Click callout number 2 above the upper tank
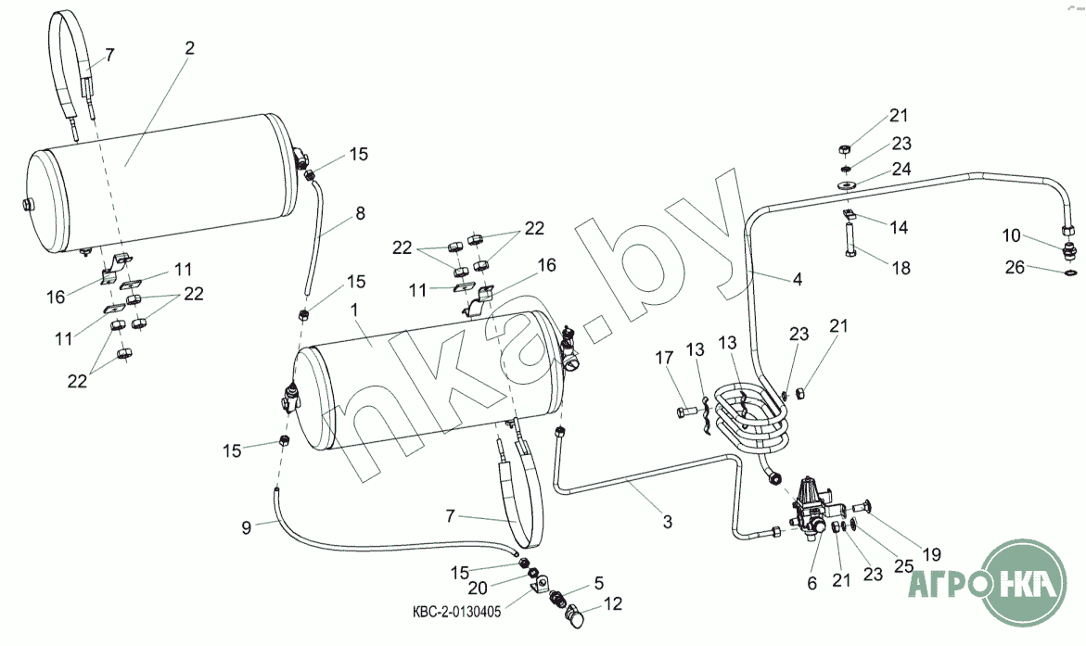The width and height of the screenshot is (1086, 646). click(189, 48)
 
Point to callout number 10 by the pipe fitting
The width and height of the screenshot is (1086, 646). click(1013, 235)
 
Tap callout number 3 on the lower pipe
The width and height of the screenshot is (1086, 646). click(667, 521)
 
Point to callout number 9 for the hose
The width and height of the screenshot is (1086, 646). click(247, 528)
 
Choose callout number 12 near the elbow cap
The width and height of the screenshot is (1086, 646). click(614, 604)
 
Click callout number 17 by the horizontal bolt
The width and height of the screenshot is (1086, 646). click(664, 357)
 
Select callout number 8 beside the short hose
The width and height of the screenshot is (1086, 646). click(359, 213)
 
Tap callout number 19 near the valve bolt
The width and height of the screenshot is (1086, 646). click(932, 555)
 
